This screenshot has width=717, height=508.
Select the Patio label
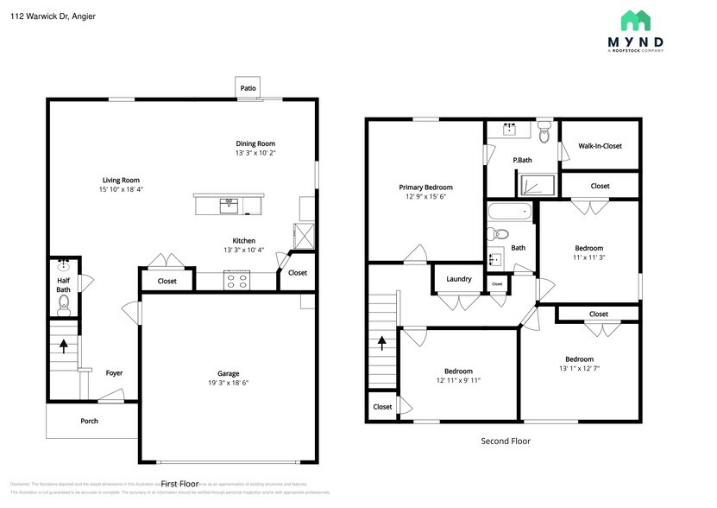pyautogui.click(x=248, y=87)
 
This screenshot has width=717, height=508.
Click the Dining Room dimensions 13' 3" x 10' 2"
pyautogui.click(x=255, y=153)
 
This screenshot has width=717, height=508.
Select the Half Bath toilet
pyautogui.click(x=64, y=302)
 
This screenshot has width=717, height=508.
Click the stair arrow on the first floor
pyautogui.click(x=64, y=346)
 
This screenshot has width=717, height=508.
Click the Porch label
pyautogui.click(x=89, y=421)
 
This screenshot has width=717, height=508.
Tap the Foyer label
pyautogui.click(x=114, y=373)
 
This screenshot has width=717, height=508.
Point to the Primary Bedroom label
pyautogui.click(x=425, y=187)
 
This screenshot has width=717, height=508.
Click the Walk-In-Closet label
pyautogui.click(x=600, y=146)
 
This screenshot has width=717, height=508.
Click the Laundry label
pyautogui.click(x=458, y=278)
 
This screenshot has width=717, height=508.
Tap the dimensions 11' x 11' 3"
pyautogui.click(x=589, y=257)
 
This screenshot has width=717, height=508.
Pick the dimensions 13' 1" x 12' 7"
pyautogui.click(x=579, y=368)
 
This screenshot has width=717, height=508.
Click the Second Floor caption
pyautogui.click(x=506, y=441)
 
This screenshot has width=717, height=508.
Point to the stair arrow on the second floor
pyautogui.click(x=381, y=344)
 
